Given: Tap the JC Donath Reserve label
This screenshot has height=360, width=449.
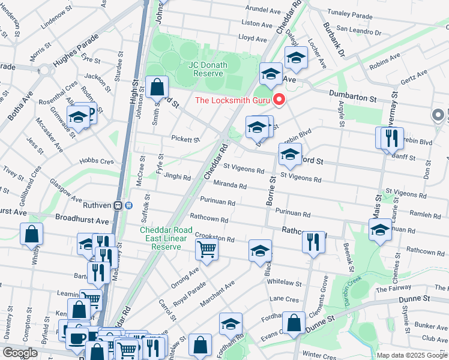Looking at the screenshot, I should click(209, 69).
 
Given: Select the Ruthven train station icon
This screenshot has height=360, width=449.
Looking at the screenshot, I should click(128, 205).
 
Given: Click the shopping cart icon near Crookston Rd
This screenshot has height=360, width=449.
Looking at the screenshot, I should click(207, 248).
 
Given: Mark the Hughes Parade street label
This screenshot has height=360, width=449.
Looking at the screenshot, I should click(75, 52).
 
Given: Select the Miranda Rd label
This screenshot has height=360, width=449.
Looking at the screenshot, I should click(231, 186).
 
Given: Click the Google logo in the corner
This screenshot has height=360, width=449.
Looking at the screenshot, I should click(20, 353).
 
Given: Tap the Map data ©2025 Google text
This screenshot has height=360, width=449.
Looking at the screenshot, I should click(411, 355).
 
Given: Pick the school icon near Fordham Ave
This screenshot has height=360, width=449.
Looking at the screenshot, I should click(231, 323).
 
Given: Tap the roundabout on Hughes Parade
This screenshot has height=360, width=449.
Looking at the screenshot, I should click(45, 70).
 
